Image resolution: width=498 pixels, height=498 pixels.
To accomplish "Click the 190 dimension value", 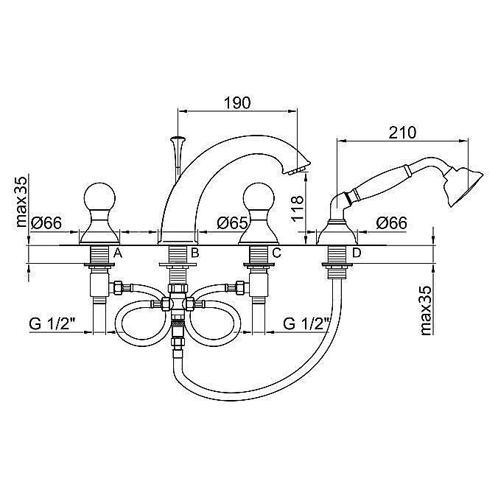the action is click(x=237, y=102).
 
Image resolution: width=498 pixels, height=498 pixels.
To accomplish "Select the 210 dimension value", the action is click(x=402, y=133).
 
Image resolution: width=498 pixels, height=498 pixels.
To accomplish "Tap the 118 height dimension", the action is click(x=298, y=208).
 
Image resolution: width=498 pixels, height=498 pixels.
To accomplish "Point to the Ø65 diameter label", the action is click(x=232, y=223).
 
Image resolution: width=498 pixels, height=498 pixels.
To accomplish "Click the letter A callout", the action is click(x=118, y=253).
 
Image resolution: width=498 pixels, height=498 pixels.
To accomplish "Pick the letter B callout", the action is click(x=194, y=253).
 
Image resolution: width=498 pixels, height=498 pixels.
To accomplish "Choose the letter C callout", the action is click(x=277, y=253).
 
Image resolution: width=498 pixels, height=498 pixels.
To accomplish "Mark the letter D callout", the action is click(x=357, y=253).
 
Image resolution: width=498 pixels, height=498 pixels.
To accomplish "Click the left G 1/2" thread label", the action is click(x=52, y=324).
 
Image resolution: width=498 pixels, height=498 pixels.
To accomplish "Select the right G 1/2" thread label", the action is click(x=306, y=324).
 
